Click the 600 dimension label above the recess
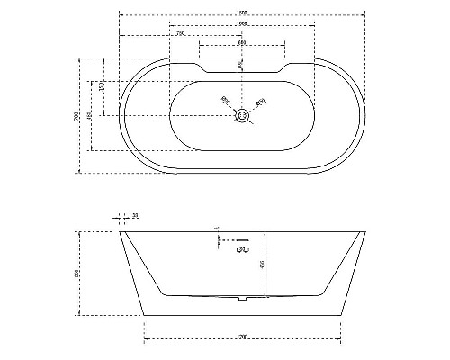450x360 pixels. click(x=241, y=43)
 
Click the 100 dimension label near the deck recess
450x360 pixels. click(x=239, y=65)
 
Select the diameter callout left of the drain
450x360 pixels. click(x=225, y=101)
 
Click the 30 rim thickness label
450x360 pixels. click(x=135, y=216)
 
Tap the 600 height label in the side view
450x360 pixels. click(x=78, y=273)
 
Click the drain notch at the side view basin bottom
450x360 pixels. click(x=241, y=297)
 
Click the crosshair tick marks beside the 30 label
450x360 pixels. click(x=121, y=218)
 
